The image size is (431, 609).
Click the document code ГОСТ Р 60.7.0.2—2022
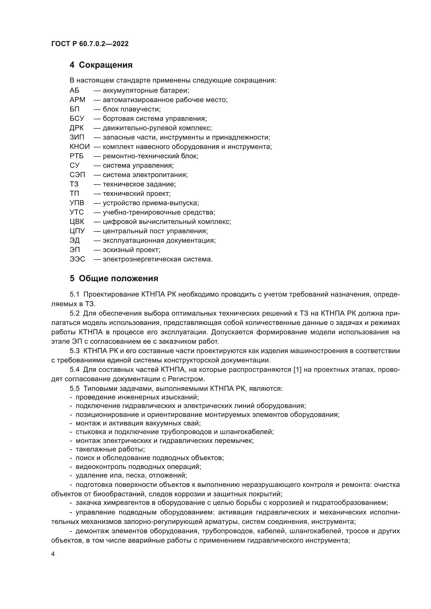pos(90,44)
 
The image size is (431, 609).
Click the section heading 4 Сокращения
pos(101,65)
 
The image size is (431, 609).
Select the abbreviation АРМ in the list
pos(77,100)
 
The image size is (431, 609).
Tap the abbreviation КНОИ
pos(80,147)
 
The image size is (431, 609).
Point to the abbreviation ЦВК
pos(77,222)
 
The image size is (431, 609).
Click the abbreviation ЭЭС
pos(77,259)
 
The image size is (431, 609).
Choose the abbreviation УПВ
pos(77,203)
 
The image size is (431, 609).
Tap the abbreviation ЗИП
pos(77,137)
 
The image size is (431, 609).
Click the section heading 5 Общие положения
pos(114,279)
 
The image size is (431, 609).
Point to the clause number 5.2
pos(75,313)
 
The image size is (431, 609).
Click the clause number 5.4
pos(75,369)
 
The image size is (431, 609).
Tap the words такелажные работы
pos(110,449)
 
